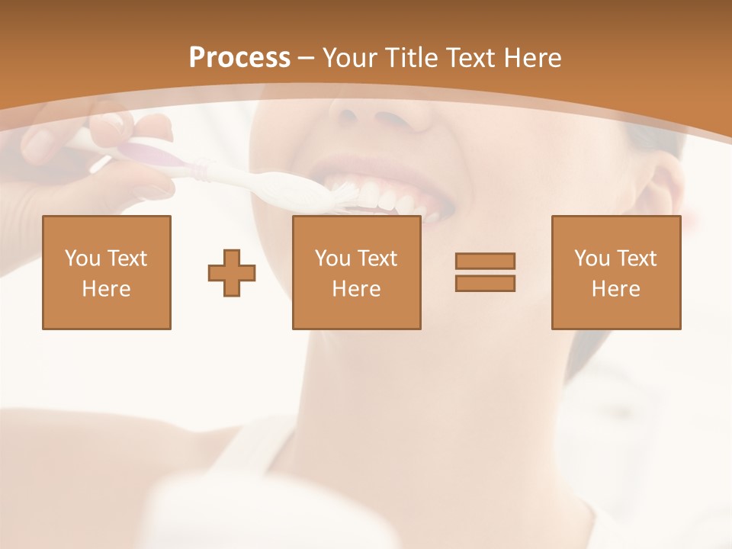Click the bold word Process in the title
[x=239, y=58]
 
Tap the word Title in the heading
[x=412, y=58]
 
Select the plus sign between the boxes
[x=232, y=272]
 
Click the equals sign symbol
[x=485, y=272]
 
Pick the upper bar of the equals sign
[x=485, y=261]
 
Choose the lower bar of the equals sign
[x=485, y=284]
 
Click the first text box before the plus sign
[x=107, y=272]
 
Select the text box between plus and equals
[x=356, y=272]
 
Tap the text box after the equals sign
[x=615, y=272]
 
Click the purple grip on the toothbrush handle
[x=156, y=156]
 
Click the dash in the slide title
[x=307, y=58]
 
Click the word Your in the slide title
[x=348, y=58]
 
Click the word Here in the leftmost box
[x=107, y=289]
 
